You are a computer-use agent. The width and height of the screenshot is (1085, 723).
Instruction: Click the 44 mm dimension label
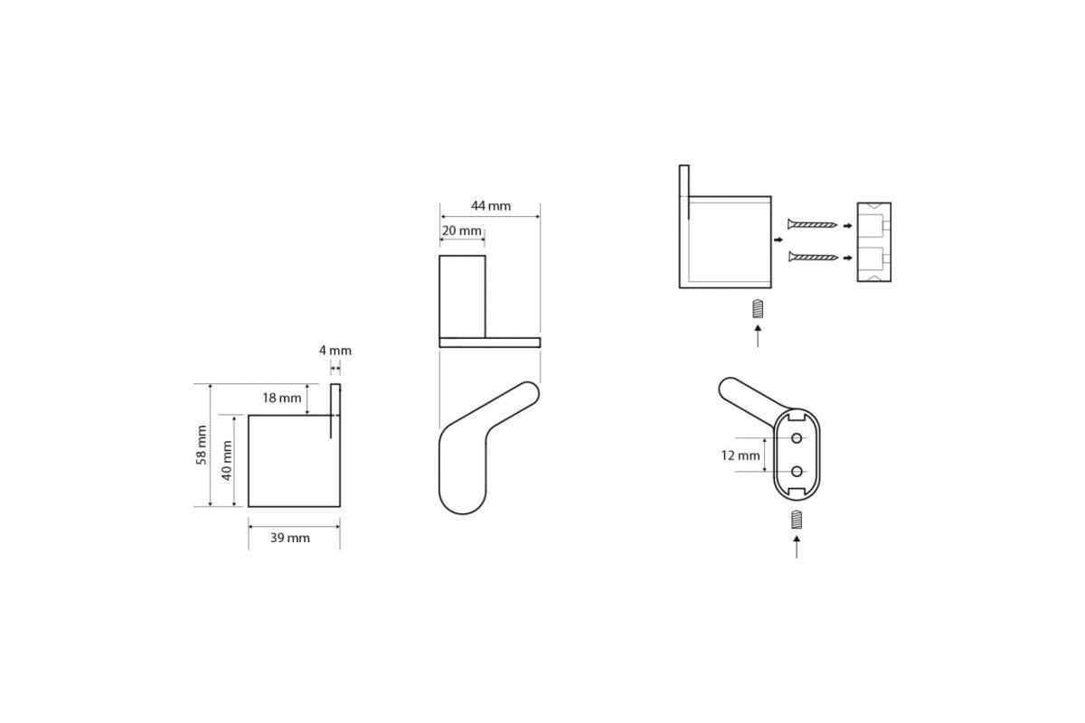[x=491, y=206]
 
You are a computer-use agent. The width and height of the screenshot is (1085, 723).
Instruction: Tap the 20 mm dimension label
[x=462, y=230]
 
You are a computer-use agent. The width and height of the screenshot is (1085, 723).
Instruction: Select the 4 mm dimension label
[x=335, y=350]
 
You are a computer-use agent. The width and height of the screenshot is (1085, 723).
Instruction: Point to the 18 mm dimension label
[x=282, y=398]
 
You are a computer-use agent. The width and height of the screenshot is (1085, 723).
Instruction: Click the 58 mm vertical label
[x=202, y=445]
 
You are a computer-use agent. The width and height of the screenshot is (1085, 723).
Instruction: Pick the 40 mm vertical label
[x=227, y=461]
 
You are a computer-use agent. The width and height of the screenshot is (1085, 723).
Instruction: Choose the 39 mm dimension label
[x=290, y=538]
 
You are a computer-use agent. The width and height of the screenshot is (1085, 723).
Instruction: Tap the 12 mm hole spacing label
[x=741, y=455]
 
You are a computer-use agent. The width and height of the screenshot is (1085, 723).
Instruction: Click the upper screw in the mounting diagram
[x=812, y=224]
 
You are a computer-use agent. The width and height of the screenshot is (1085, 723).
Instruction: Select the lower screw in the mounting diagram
[x=813, y=257]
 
